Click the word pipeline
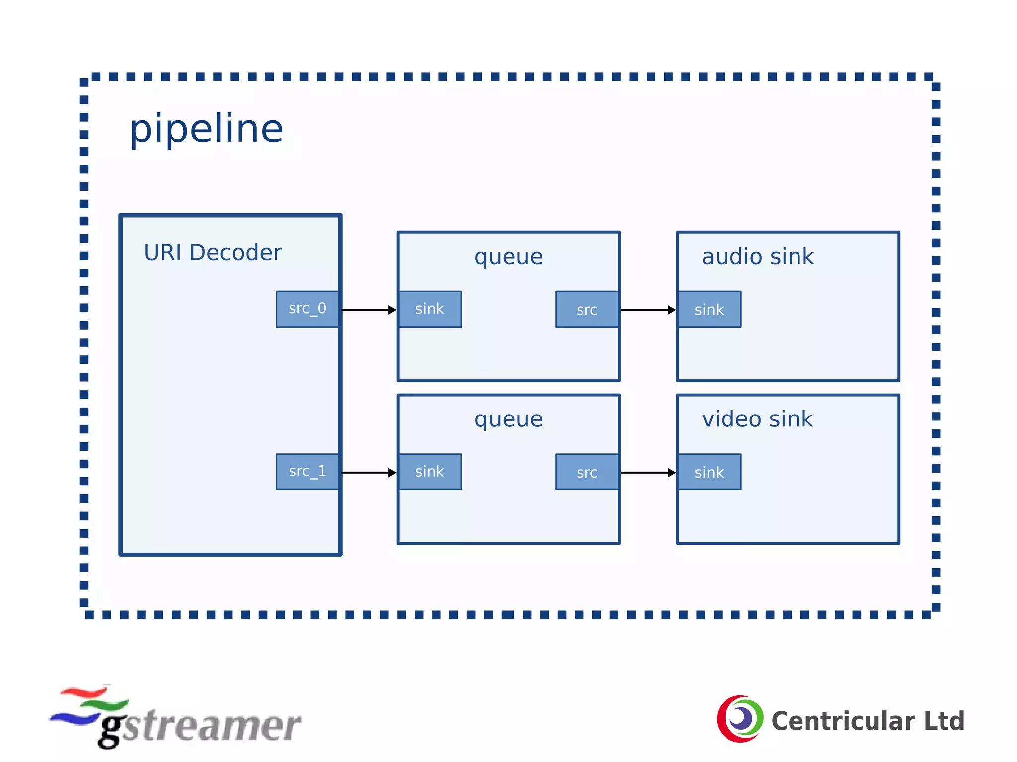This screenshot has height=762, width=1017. pos(206,129)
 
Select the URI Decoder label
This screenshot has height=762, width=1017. pos(213,253)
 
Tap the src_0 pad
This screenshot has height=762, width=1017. pos(307,309)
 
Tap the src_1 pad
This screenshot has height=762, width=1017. pos(307,472)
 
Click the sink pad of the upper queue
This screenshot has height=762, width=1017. pos(430,309)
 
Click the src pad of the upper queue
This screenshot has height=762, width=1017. pos(587,310)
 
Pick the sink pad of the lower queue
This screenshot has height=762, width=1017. pos(430,472)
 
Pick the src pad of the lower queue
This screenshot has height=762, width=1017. pos(587,472)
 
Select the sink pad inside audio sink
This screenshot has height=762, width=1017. pos(710,310)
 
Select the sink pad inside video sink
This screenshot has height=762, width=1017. pos(710,472)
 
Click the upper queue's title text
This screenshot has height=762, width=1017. pos(508,257)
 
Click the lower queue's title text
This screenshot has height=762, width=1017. pos(508,419)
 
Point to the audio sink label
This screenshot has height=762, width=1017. pos(758,257)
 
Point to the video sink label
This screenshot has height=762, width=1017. pos(757,419)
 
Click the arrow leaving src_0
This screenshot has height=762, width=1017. pos(369,310)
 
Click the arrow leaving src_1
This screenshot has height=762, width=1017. pos(369,472)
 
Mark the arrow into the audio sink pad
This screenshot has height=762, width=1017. pos(648,310)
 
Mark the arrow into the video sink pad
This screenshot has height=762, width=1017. pos(648,472)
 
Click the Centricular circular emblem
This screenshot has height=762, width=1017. pos(740,719)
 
